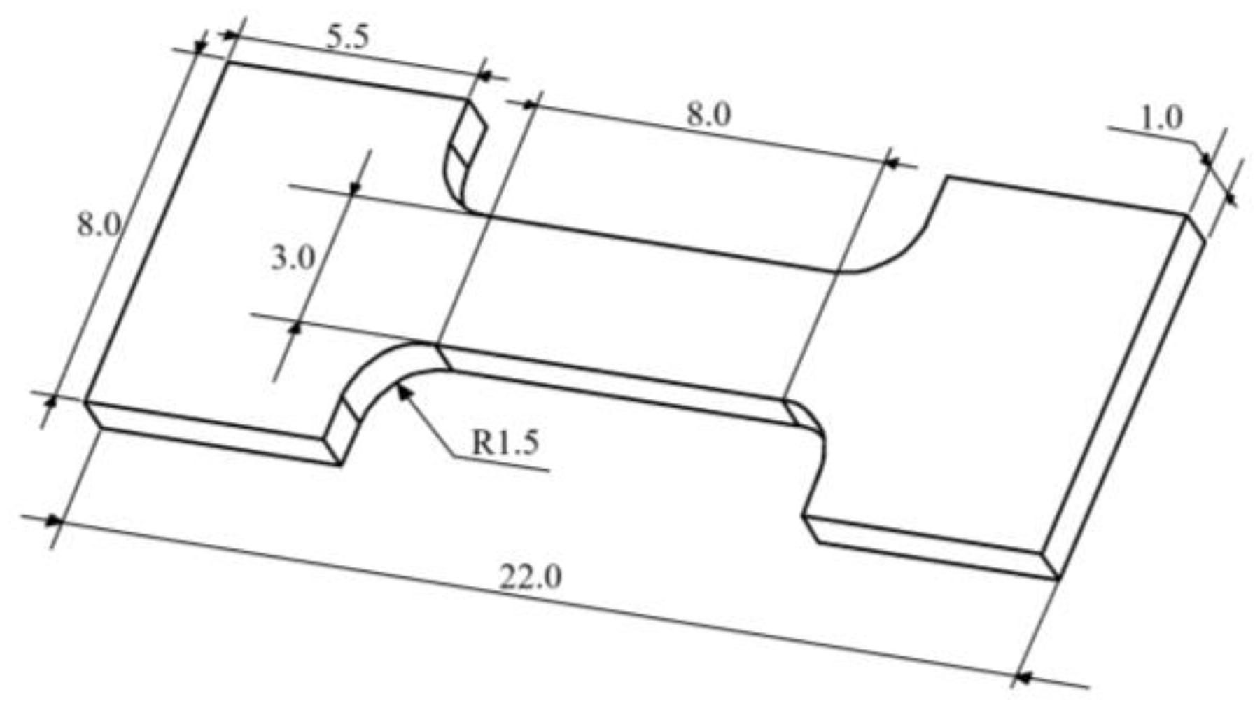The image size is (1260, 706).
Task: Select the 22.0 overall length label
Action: coord(531,578)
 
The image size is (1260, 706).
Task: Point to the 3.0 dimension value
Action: coord(293,259)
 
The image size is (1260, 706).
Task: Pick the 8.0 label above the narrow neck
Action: coord(708,114)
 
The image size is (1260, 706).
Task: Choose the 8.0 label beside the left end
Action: coord(98,226)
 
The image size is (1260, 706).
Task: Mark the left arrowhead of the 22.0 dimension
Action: coord(52,521)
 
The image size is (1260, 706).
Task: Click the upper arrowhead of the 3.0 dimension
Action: coord(354,188)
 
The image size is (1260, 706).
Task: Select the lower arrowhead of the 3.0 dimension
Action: coord(296,326)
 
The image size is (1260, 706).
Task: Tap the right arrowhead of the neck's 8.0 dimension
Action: coord(892,162)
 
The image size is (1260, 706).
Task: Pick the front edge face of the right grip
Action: coord(931,546)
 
